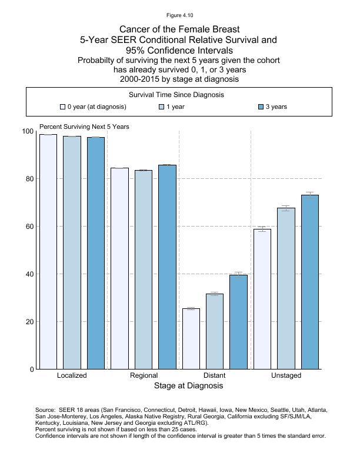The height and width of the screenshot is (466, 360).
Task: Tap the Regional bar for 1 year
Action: [x=144, y=269]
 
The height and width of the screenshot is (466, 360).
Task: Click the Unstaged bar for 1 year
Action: [x=286, y=288]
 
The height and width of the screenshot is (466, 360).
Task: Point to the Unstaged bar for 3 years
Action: [x=310, y=282]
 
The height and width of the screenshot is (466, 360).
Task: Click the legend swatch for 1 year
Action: [x=162, y=107]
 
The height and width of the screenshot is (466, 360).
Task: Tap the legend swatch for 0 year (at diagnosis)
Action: [x=62, y=107]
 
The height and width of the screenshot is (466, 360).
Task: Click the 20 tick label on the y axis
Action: [x=29, y=322]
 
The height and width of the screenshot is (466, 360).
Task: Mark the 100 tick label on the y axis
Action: [x=27, y=131]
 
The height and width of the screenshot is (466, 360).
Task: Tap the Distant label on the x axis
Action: [x=214, y=375]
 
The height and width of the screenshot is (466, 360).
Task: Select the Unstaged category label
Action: [x=286, y=375]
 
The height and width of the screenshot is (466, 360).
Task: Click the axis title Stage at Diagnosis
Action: [x=188, y=386]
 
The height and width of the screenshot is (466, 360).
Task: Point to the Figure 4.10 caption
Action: [x=180, y=15]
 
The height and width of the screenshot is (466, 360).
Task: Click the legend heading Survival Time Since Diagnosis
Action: [x=180, y=95]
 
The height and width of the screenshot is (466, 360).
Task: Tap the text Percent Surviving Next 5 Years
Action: [x=84, y=127]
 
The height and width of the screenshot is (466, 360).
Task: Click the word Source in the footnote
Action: [x=45, y=410]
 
